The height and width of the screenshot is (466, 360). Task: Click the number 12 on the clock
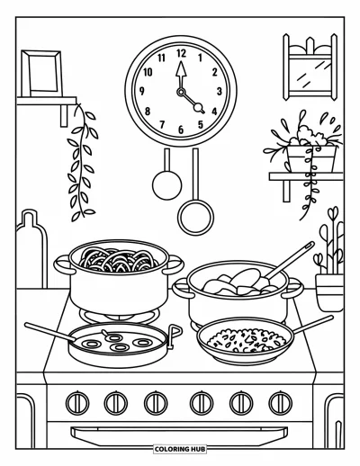tap(181, 53)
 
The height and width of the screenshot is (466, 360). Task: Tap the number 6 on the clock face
tap(181, 130)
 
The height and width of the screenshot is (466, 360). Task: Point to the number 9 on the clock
tap(142, 91)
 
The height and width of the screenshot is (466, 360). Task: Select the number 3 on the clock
tap(220, 91)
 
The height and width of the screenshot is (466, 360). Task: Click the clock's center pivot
tap(181, 93)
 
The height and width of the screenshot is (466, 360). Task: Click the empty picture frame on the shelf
tap(41, 73)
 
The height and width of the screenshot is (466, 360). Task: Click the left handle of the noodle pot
tap(62, 264)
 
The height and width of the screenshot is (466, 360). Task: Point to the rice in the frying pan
tap(246, 340)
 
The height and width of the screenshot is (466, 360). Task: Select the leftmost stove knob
tap(77, 403)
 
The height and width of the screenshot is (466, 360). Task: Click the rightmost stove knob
tap(281, 403)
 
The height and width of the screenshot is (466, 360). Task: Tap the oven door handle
tap(179, 436)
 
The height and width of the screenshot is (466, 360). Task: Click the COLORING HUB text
tap(180, 449)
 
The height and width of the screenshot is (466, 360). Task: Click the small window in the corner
tap(310, 67)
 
